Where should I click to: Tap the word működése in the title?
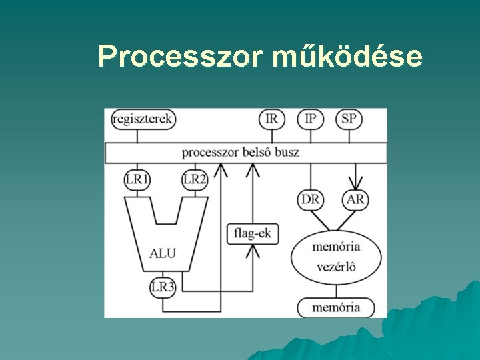(347, 57)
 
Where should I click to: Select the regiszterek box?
(143, 119)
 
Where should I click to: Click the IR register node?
(271, 119)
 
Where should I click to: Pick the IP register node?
(310, 119)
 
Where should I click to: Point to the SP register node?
(348, 119)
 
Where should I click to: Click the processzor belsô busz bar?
(245, 153)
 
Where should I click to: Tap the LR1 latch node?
(137, 179)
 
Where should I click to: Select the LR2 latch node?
(195, 179)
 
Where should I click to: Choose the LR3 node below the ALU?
(162, 287)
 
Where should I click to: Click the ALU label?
(163, 253)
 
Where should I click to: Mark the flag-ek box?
(253, 234)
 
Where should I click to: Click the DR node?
(310, 199)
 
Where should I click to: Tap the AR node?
(356, 199)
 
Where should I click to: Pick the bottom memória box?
(336, 307)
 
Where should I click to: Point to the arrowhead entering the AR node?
(356, 184)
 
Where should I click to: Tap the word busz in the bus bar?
(285, 153)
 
